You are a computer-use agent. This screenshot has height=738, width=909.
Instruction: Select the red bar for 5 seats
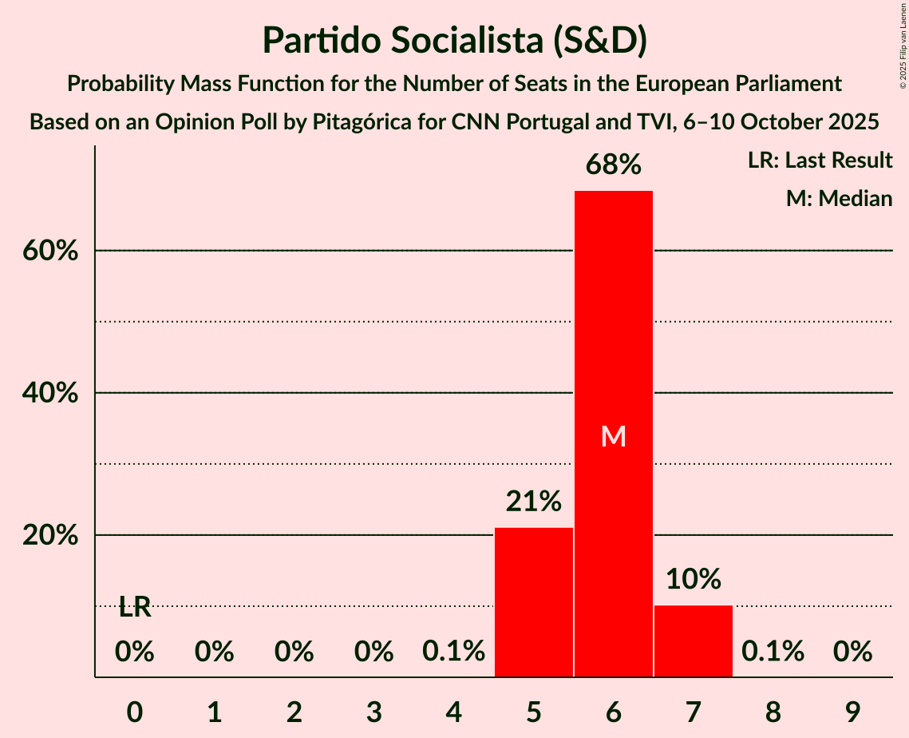coord(533,602)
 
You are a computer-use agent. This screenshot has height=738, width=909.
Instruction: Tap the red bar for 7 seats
coord(693,641)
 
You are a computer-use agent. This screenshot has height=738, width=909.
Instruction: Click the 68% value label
coord(613,165)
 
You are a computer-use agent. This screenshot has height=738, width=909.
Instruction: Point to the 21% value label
coord(533,502)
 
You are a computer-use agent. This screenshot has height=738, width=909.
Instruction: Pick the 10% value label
coord(693,579)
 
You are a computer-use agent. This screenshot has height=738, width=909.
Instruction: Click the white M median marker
coord(613,436)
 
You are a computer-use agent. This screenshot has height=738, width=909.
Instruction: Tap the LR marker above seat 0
coord(135,608)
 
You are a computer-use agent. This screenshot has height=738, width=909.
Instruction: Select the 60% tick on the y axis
coord(49,251)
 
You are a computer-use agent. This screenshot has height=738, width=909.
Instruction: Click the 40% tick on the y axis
coord(49,393)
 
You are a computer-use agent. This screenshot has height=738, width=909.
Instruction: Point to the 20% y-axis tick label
coord(49,535)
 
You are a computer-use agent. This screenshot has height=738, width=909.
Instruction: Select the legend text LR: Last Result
coord(820,161)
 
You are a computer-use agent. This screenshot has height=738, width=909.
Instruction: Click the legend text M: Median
coord(839,199)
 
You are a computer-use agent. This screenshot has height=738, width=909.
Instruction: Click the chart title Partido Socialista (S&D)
coord(454,40)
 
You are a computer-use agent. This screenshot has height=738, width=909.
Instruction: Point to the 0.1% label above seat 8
coord(773,653)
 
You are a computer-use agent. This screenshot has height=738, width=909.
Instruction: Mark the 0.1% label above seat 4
coord(453,653)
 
